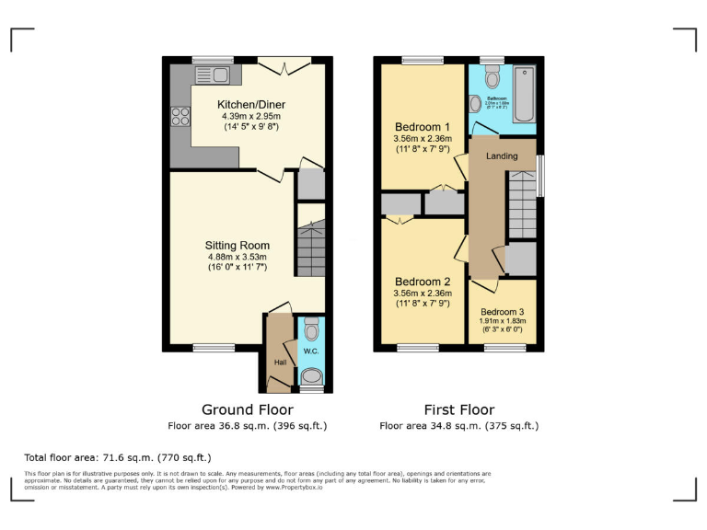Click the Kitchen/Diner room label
[x=248, y=104]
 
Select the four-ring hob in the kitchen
[x=180, y=117]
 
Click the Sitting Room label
[x=237, y=246]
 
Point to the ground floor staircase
[x=310, y=247]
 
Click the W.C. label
[x=310, y=350]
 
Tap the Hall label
[x=280, y=362]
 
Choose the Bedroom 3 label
[x=503, y=312]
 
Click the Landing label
[x=502, y=156]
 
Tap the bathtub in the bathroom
[x=524, y=93]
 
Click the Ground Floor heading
[x=247, y=409]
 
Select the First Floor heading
[x=458, y=409]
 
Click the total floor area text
[x=117, y=457]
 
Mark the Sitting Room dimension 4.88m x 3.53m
[x=237, y=258]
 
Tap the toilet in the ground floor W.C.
[x=311, y=328]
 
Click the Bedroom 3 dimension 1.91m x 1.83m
[x=503, y=322]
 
